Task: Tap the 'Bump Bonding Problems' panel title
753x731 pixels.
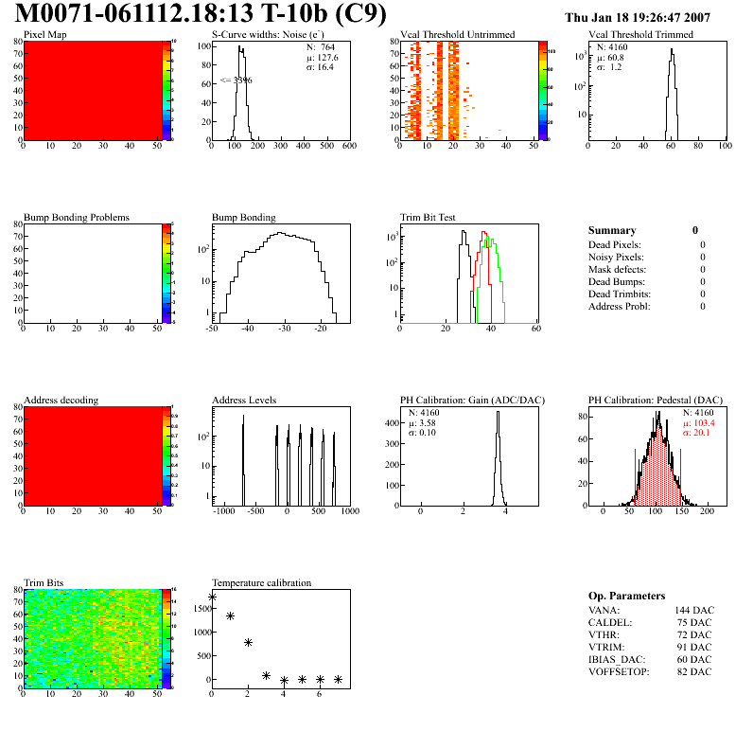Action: [x=77, y=218]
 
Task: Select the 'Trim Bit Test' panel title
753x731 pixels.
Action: [x=429, y=218]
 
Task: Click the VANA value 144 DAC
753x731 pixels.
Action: [x=695, y=611]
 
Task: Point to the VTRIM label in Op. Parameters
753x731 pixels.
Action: [x=606, y=646]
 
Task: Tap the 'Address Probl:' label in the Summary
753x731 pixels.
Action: [x=620, y=306]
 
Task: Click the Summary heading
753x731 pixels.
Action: [x=612, y=230]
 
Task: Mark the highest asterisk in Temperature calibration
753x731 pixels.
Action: [x=212, y=597]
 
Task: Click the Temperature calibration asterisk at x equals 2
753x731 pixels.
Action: [x=248, y=642]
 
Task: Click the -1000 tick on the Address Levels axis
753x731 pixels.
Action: [x=224, y=510]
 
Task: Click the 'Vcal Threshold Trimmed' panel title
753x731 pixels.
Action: [x=640, y=35]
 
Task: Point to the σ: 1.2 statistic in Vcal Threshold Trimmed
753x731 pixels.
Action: [x=608, y=67]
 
